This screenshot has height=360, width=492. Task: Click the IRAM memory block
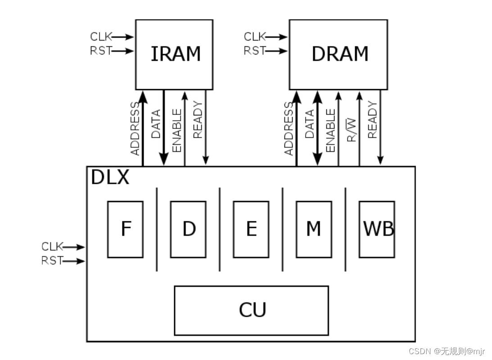tap(174, 54)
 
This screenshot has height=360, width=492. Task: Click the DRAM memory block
tap(339, 54)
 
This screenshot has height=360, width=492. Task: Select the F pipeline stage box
tap(126, 229)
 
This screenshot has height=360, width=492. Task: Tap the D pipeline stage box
tap(189, 229)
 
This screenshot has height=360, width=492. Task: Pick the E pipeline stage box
tap(251, 229)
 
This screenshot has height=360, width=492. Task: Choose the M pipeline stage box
tap(314, 229)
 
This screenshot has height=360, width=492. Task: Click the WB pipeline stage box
tap(377, 229)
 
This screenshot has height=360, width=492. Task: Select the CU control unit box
tap(251, 310)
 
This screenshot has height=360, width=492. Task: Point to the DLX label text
tap(110, 178)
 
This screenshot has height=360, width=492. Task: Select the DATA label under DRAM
tap(310, 123)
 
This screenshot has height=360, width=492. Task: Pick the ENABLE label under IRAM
tap(177, 131)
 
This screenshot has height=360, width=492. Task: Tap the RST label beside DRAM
tap(254, 51)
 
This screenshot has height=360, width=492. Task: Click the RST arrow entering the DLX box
tap(74, 261)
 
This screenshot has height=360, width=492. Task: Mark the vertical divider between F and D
tap(157, 229)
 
